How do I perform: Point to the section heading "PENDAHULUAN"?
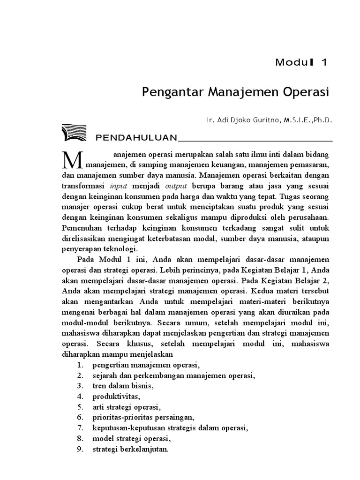coord(135,138)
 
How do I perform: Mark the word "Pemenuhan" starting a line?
coord(81,228)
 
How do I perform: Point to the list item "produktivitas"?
coord(115,396)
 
